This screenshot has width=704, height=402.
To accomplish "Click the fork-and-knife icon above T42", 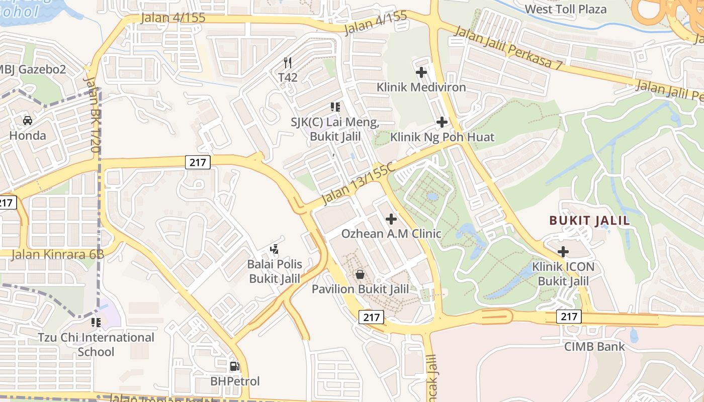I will [288, 63].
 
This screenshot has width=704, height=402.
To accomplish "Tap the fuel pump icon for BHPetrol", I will [234, 366].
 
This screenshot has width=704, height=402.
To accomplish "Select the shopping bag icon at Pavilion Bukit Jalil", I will [360, 274].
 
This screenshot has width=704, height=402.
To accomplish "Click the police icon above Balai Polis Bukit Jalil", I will [274, 249].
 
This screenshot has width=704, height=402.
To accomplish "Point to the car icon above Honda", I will [28, 121].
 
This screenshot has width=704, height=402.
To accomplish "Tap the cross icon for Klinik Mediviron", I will [421, 72].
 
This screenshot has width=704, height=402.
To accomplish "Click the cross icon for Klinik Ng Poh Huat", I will [442, 122].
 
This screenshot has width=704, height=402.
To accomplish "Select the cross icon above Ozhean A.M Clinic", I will [391, 219].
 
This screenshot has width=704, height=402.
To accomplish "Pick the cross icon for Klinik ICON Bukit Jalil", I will [563, 252].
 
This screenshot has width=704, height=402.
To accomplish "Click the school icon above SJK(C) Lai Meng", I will [335, 107].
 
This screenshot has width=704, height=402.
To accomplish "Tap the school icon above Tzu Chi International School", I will [96, 322].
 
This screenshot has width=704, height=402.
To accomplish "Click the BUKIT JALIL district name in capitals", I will [589, 221].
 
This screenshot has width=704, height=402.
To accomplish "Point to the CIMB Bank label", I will [594, 346].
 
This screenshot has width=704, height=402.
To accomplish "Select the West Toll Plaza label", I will [565, 9].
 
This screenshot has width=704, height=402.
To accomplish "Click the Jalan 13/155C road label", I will [358, 183].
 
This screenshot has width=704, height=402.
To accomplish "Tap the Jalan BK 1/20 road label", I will [91, 115].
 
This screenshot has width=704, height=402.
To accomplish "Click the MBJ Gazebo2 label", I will [33, 69].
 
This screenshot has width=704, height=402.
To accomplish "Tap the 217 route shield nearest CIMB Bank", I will [569, 316].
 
